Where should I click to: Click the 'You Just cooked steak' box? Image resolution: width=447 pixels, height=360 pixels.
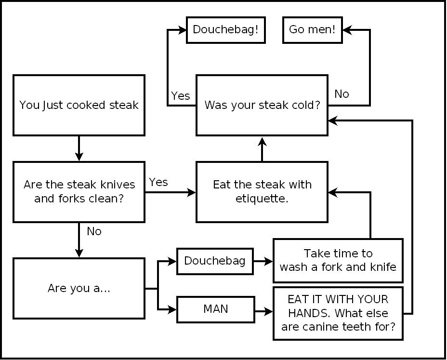click(79, 105)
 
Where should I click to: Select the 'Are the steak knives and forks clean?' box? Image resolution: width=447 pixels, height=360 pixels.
click(79, 191)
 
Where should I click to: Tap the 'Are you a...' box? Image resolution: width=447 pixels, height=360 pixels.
click(79, 288)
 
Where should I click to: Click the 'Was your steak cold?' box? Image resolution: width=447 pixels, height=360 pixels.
click(262, 105)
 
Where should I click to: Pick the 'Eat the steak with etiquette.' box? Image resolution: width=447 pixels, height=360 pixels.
click(262, 191)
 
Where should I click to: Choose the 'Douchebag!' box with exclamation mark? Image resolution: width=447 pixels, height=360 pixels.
click(225, 29)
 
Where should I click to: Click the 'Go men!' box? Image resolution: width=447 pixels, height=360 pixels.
click(312, 29)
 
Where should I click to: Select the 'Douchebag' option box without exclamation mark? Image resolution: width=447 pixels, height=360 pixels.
click(215, 261)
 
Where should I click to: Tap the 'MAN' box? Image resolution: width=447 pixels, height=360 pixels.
click(215, 309)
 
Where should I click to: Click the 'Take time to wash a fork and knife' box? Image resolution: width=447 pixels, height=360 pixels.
click(338, 260)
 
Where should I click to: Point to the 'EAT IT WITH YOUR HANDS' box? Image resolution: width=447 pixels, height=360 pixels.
click(338, 313)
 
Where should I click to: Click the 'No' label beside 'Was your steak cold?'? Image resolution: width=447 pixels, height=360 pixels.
click(342, 94)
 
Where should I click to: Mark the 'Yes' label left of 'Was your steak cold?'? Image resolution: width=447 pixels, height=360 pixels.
click(181, 96)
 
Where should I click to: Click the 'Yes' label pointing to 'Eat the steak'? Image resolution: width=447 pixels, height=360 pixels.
click(158, 182)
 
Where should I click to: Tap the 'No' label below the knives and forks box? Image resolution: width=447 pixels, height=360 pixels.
click(94, 231)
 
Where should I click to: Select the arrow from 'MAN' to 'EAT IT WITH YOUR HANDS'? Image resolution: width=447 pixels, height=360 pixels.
click(263, 312)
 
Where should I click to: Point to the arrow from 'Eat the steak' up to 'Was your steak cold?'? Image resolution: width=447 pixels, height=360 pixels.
click(262, 149)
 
